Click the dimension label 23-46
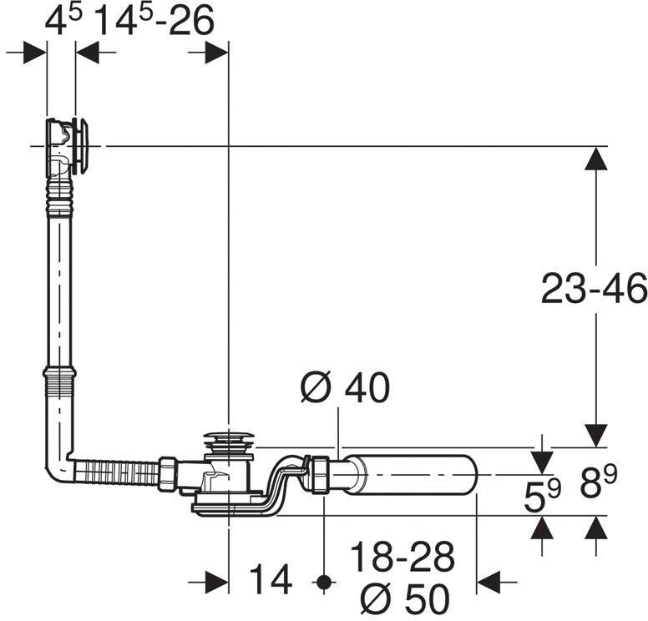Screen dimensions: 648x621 click(x=594, y=289)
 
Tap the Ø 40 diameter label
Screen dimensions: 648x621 click(x=345, y=387)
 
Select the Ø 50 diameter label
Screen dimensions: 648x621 click(x=405, y=598)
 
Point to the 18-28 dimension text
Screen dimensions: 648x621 click(x=402, y=557)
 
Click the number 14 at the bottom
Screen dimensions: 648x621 click(x=271, y=579)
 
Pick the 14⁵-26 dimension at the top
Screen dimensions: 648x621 click(x=155, y=21)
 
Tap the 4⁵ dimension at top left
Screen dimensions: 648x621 click(x=63, y=21)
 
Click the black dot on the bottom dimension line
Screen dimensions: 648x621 click(x=324, y=582)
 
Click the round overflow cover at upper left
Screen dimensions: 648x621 click(x=82, y=146)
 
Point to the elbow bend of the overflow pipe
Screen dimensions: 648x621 click(x=58, y=467)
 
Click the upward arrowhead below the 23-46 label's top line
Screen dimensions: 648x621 click(x=595, y=159)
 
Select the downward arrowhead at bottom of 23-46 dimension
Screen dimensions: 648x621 click(x=595, y=436)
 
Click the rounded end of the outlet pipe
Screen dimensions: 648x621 click(x=471, y=475)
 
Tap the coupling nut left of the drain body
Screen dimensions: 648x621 click(x=168, y=473)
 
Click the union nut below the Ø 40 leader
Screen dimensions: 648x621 click(x=321, y=475)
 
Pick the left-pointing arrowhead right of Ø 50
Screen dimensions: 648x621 click(x=489, y=582)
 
